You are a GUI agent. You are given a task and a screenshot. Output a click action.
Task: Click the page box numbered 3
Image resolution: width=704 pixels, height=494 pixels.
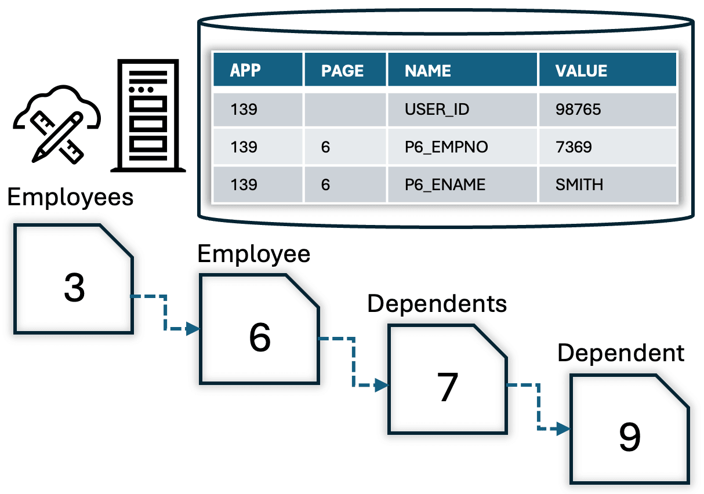click(x=74, y=279)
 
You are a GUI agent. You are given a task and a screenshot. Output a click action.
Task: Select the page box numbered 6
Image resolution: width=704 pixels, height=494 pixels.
click(x=260, y=329)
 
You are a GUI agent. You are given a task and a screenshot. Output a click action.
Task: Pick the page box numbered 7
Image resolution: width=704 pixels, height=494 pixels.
click(x=448, y=379)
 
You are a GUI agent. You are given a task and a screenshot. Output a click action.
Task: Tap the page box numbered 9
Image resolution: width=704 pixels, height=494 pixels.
click(x=630, y=429)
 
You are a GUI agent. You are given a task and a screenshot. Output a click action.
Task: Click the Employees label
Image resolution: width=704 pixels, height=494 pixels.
click(x=70, y=197)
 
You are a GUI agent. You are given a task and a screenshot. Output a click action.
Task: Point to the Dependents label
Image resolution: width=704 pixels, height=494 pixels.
click(x=437, y=304)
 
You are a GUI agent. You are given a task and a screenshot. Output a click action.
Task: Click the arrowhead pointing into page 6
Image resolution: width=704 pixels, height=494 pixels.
click(x=193, y=329)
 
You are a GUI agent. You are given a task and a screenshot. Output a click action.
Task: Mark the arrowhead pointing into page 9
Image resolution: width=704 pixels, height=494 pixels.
click(x=564, y=428)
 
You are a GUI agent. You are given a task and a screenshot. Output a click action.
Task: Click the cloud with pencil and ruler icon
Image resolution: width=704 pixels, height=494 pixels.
click(x=57, y=124)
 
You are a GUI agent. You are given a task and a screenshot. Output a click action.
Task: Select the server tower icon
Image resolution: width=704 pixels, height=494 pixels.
click(x=148, y=115)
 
